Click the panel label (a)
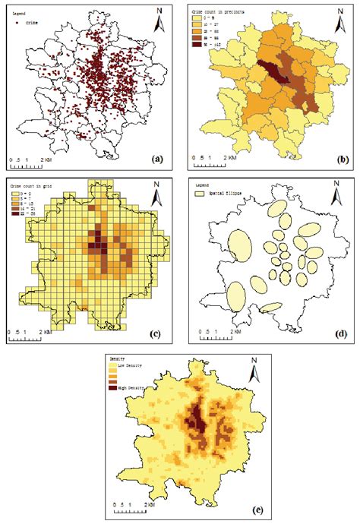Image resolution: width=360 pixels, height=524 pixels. click(157, 159)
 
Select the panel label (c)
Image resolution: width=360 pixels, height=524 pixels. click(157, 332)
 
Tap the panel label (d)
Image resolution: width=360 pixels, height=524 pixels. click(341, 332)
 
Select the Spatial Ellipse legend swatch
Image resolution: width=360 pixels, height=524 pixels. click(201, 194)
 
